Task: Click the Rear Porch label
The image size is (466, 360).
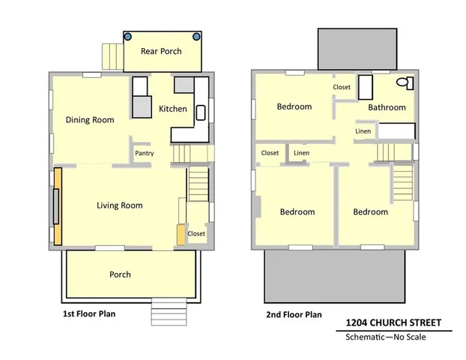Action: click(162, 52)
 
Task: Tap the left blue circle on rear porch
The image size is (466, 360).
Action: click(128, 36)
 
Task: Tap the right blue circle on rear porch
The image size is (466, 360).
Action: click(197, 36)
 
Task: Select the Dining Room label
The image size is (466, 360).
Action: click(89, 119)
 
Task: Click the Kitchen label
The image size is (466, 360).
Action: click(172, 109)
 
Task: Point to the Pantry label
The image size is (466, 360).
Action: click(144, 154)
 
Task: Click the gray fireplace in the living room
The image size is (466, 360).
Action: click(55, 205)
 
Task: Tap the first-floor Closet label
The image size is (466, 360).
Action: click(196, 233)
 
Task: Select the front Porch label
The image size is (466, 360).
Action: click(120, 274)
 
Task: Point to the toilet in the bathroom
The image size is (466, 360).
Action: click(403, 82)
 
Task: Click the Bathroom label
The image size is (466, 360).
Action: click(387, 107)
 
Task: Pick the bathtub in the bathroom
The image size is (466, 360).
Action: click(364, 87)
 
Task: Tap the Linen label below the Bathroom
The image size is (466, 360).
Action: click(363, 131)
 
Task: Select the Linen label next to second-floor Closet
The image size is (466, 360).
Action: click(301, 153)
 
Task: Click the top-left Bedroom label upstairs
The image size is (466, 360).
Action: click(294, 106)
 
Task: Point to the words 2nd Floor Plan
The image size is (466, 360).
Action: click(294, 314)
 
